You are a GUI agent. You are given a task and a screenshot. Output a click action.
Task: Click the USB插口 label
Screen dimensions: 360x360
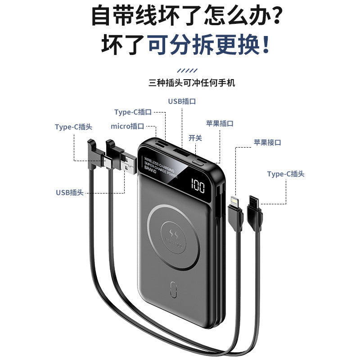click(x=182, y=101)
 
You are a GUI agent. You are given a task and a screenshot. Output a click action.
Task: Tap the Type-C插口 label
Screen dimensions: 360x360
click(x=133, y=112)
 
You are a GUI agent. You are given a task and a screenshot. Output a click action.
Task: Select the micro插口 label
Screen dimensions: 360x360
click(x=127, y=126)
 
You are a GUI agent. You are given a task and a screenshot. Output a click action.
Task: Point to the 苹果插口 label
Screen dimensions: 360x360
click(x=220, y=123)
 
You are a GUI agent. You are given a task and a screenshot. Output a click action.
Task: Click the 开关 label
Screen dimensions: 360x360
click(x=195, y=138)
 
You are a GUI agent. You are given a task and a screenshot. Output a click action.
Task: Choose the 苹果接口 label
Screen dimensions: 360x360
click(x=267, y=142)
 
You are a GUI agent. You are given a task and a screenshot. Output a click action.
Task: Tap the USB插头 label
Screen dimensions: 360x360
click(x=70, y=192)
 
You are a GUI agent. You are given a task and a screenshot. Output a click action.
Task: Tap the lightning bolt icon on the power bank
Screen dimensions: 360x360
click(x=174, y=232)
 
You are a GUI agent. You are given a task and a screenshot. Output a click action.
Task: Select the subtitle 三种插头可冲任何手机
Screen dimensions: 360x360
click(x=192, y=83)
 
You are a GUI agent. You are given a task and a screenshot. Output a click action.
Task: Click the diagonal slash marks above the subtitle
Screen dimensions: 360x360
click(x=187, y=71)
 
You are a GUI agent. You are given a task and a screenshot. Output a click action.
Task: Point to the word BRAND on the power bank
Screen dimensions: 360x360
click(x=150, y=171)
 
